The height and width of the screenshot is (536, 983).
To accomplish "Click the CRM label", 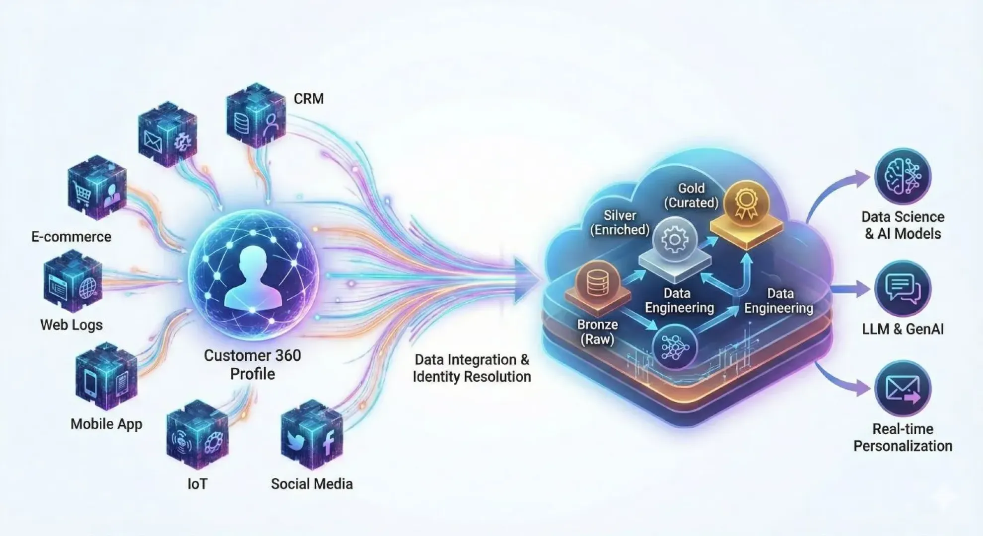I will click(308, 99).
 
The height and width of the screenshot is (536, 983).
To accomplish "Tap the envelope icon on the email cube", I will click(152, 140).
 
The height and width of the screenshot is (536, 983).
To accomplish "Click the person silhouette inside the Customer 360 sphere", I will click(253, 278).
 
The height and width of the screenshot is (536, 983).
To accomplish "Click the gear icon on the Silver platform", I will click(674, 240).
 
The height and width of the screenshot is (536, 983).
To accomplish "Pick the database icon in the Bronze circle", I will click(597, 283).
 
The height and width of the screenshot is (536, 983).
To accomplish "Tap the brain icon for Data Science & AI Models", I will click(902, 176).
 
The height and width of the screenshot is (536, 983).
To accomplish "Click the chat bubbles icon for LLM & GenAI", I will click(902, 289).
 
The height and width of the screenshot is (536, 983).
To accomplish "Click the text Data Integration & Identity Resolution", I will click(472, 368).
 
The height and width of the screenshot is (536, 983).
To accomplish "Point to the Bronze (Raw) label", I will click(597, 332).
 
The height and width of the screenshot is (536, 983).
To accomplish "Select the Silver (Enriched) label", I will click(620, 222).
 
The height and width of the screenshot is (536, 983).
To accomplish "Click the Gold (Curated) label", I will click(691, 196).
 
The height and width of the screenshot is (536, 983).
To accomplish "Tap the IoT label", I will click(197, 484).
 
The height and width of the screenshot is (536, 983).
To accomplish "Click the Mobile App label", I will click(106, 424).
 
